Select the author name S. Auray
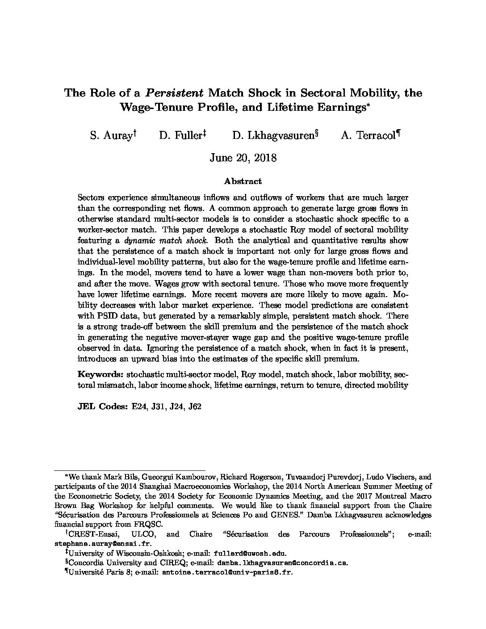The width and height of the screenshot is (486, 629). click(x=111, y=135)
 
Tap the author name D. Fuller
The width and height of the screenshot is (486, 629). click(x=180, y=135)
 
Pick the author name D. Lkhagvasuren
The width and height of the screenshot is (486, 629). click(x=272, y=135)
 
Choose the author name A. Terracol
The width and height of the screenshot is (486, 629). click(x=368, y=135)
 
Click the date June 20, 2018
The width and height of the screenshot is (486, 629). click(x=243, y=158)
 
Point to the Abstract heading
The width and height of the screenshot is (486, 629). click(x=243, y=181)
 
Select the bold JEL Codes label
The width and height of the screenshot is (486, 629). click(x=102, y=407)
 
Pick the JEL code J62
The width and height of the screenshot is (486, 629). click(x=195, y=407)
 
